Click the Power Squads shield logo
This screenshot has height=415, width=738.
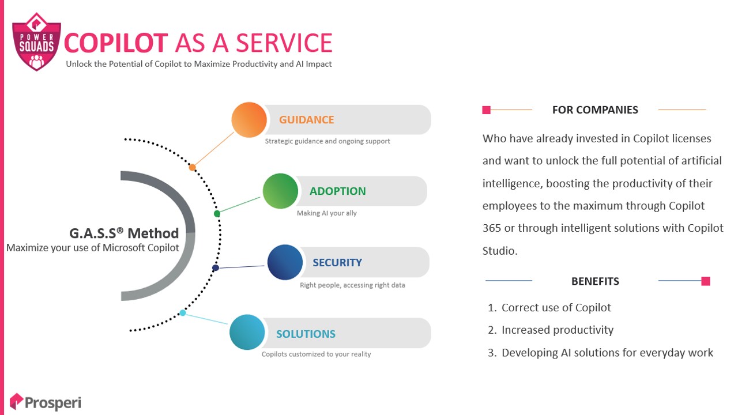36,42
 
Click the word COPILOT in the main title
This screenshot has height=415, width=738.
116,43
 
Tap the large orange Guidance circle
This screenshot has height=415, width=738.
249,119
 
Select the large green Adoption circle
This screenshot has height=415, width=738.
280,191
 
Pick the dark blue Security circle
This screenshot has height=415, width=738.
285,262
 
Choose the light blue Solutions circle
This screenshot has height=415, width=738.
247,332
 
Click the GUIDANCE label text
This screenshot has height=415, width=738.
306,119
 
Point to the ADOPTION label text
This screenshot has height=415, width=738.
338,191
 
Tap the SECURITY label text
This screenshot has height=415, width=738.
337,262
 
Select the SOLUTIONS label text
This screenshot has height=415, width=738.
306,334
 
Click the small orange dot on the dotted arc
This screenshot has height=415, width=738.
192,167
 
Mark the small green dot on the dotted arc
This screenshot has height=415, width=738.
217,214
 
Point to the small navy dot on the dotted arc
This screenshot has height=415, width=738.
216,268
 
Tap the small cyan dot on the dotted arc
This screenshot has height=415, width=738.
183,312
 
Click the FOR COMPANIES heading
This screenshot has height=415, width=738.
595,110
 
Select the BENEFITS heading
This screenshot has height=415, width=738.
595,281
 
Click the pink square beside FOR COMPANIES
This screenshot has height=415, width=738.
486,110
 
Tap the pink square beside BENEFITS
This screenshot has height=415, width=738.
706,281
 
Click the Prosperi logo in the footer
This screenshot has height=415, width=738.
45,402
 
